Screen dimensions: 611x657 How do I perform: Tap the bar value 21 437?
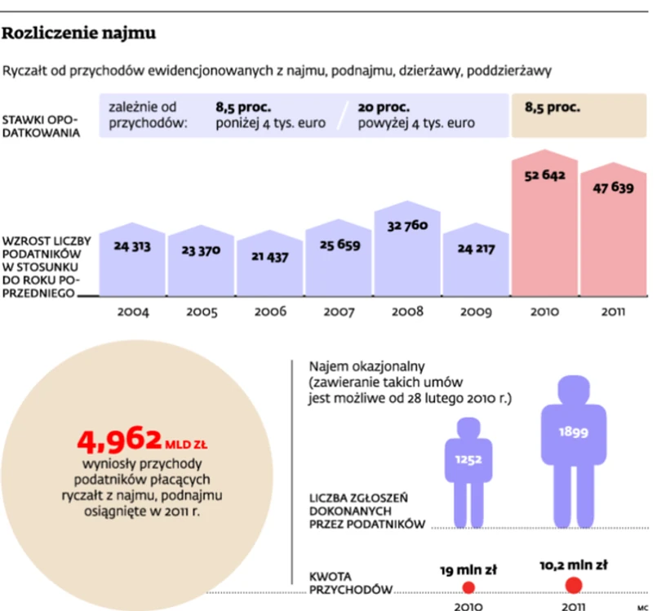click(270, 256)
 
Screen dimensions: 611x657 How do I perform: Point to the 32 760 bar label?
click(407, 225)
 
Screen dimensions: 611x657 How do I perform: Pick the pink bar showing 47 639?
click(614, 237)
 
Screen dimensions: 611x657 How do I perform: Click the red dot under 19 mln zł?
click(468, 587)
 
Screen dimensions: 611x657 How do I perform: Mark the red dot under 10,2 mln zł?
click(573, 585)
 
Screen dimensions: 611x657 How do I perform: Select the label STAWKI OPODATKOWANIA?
click(42, 126)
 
